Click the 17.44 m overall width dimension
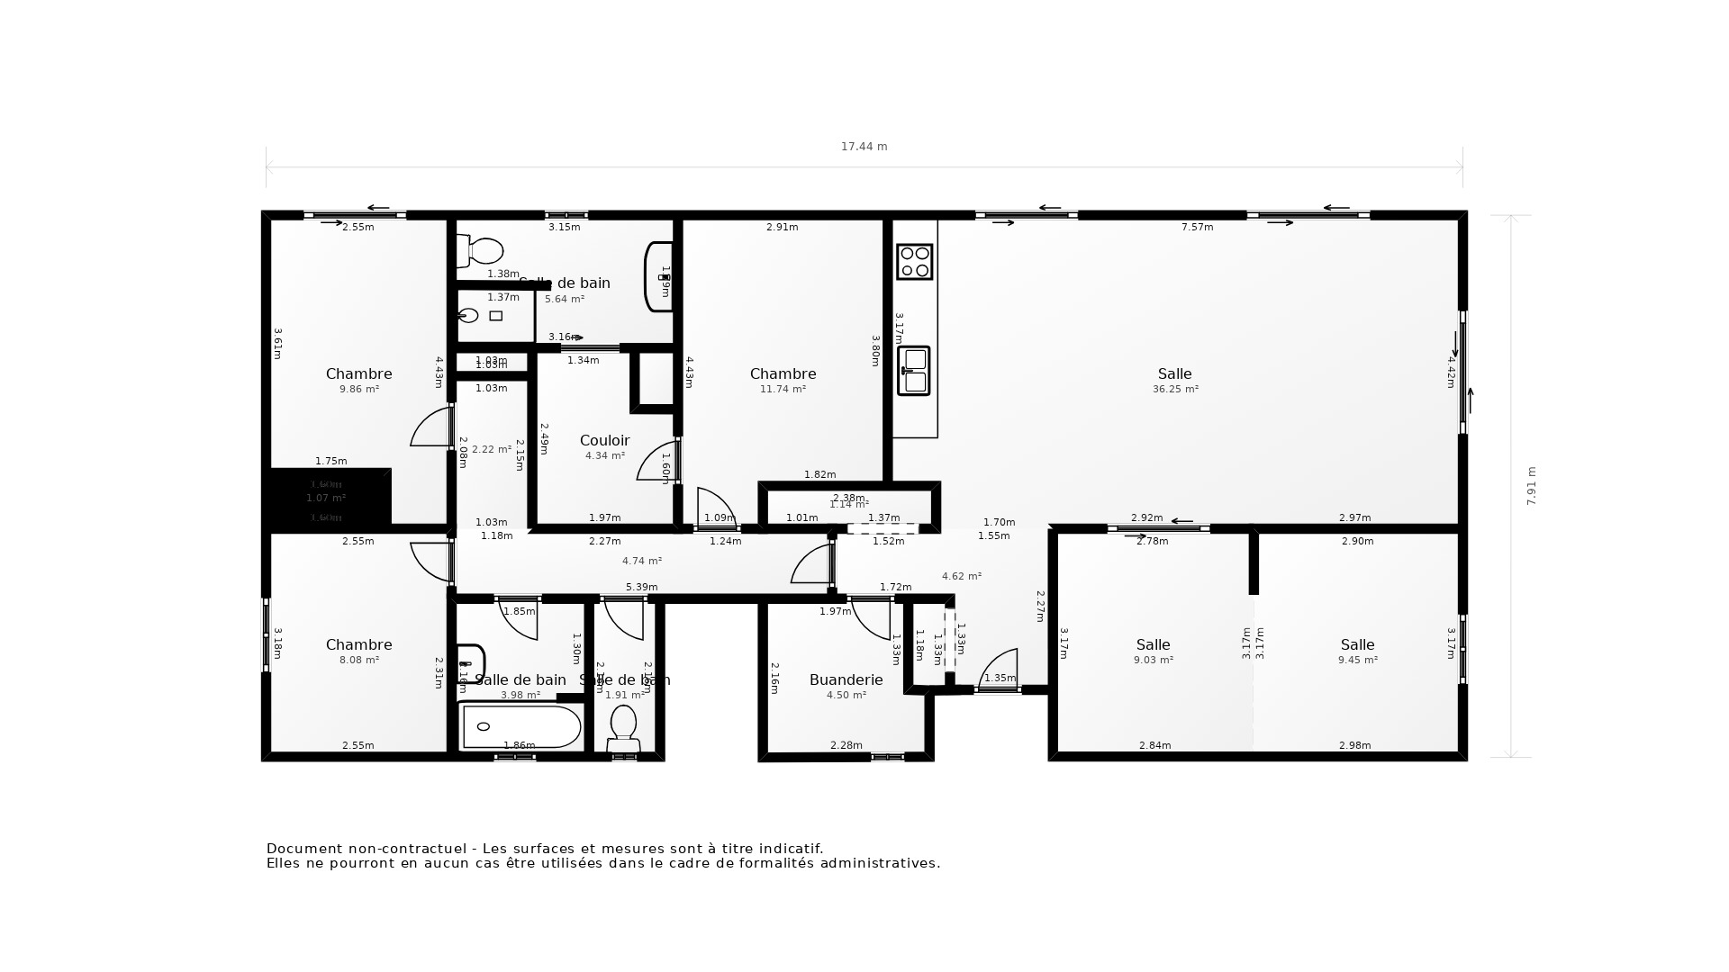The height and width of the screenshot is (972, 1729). click(x=864, y=147)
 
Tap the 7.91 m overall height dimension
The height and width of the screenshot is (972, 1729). click(x=1531, y=485)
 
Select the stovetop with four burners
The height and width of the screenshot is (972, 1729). click(x=914, y=262)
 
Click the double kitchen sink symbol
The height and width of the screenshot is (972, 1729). click(x=913, y=370)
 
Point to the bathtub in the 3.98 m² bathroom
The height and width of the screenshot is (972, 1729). click(x=521, y=726)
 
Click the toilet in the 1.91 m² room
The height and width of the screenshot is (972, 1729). click(x=623, y=725)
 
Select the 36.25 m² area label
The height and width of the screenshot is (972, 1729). click(x=1175, y=390)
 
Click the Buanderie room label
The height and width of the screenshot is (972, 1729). click(x=846, y=680)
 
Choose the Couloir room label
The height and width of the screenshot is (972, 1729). click(x=604, y=440)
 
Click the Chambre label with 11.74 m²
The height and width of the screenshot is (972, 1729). click(x=783, y=373)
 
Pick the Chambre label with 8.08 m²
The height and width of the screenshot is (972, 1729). click(x=358, y=644)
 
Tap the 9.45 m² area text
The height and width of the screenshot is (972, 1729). click(x=1357, y=660)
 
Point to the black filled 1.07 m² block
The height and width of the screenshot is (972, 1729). click(x=327, y=498)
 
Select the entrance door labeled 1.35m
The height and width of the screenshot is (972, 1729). click(x=999, y=670)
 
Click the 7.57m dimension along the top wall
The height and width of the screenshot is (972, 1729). click(x=1197, y=228)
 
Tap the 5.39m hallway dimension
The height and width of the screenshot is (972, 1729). click(x=641, y=587)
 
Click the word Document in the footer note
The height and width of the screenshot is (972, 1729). click(x=303, y=849)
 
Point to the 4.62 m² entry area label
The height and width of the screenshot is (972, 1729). click(x=961, y=576)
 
